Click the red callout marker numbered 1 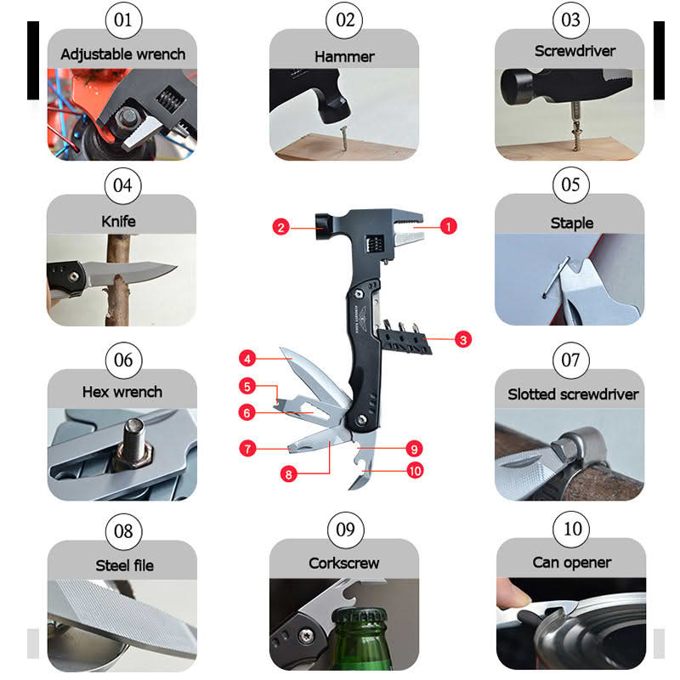tap(449, 226)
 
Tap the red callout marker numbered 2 tap(280, 227)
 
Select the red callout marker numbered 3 tap(462, 339)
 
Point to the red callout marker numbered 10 tap(415, 471)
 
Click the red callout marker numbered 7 tap(247, 448)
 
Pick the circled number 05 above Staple tap(570, 185)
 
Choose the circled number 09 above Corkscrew tap(345, 530)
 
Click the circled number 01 tap(123, 20)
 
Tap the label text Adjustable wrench tap(123, 54)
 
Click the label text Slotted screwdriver tap(573, 394)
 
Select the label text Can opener tap(571, 563)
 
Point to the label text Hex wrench tap(122, 392)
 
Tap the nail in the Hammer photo tap(343, 138)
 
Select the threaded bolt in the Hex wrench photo tap(133, 444)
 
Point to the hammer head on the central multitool tap(324, 226)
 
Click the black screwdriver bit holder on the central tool tap(405, 341)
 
